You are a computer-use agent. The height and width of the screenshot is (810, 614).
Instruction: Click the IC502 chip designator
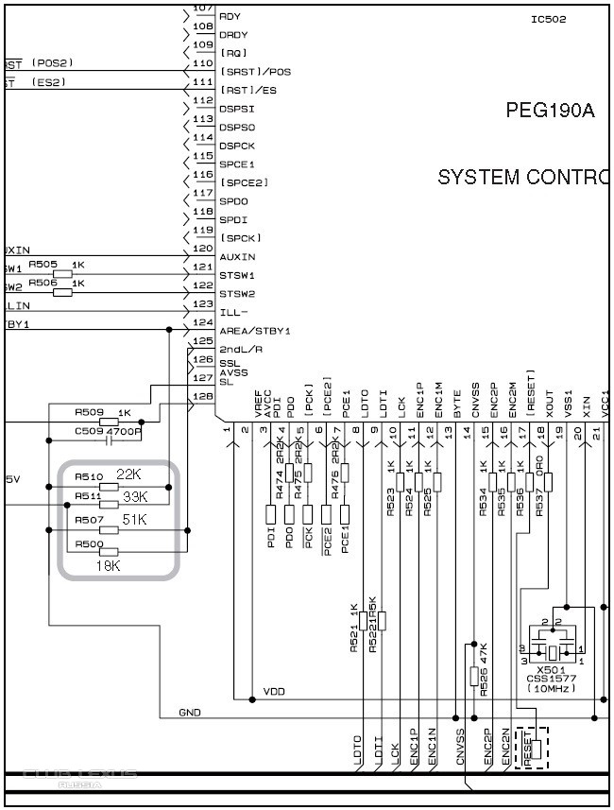click(549, 19)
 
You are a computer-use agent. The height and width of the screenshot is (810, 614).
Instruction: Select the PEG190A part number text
click(551, 111)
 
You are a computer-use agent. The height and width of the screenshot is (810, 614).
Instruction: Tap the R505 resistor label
click(43, 265)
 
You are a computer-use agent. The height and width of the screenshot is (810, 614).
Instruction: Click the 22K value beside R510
click(128, 474)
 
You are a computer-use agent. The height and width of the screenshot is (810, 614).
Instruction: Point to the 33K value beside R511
click(136, 496)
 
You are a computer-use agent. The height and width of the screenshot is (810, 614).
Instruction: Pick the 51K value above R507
click(135, 519)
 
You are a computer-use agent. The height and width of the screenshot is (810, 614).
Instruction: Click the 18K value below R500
click(109, 565)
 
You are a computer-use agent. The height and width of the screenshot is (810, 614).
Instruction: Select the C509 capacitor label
click(89, 431)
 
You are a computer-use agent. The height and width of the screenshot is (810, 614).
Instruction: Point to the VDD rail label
click(274, 691)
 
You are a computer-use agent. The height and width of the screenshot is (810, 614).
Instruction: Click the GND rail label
click(190, 712)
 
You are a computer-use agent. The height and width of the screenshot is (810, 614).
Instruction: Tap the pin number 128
click(202, 396)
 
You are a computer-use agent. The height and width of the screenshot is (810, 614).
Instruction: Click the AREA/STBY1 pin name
click(254, 331)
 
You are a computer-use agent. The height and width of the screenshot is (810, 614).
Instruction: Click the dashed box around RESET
click(532, 748)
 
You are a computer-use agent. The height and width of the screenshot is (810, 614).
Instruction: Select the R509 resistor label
click(89, 412)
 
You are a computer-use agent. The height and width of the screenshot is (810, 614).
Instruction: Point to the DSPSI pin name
click(237, 109)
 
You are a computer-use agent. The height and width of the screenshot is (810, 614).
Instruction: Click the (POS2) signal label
click(52, 62)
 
